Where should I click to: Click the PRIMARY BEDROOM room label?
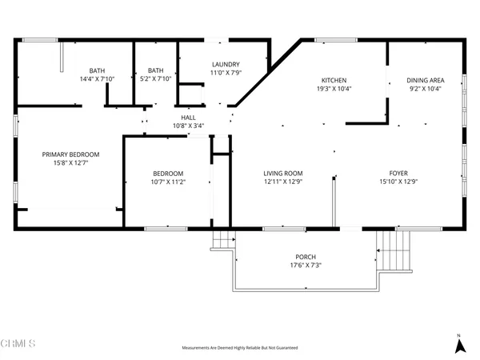pos(71,154)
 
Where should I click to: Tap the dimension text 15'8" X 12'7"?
pos(71,163)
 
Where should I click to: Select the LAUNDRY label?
pos(226,65)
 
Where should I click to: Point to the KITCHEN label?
pos(334,80)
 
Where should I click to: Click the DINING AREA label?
pos(424,80)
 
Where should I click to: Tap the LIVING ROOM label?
pos(283,173)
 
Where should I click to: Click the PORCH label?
pos(306,257)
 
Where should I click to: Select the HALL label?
pos(188,117)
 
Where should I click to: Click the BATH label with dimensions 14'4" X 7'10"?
pos(98,70)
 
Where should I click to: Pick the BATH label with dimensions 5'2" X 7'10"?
pos(155,70)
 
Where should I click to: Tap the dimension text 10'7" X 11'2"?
pos(169,182)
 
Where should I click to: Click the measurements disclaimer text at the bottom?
pos(240,349)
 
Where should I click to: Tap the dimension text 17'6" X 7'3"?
pos(306,266)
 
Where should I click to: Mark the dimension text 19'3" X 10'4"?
pos(334,89)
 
